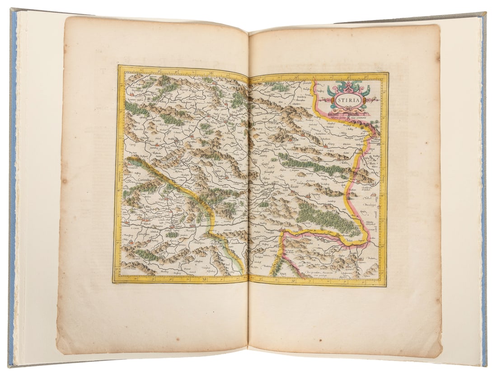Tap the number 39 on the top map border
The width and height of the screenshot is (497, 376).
point(296,76)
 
